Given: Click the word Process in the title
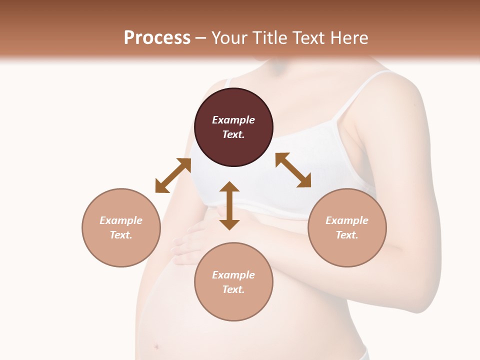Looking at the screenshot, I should tap(157, 38).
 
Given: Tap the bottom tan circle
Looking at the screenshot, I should tap(233, 305).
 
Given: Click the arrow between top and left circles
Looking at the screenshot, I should tap(173, 175).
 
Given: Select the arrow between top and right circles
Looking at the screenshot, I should tap(293, 170).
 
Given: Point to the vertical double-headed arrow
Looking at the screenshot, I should tap(229, 205).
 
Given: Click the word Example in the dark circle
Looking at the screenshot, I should tap(233, 120).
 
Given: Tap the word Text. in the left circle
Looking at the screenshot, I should tap(121, 235).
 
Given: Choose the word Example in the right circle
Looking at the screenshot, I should tap(347, 220).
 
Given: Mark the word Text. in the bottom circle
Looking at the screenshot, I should tap(233, 289).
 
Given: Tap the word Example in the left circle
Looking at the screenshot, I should tap(121, 220).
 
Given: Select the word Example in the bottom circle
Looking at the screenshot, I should tap(233, 275).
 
